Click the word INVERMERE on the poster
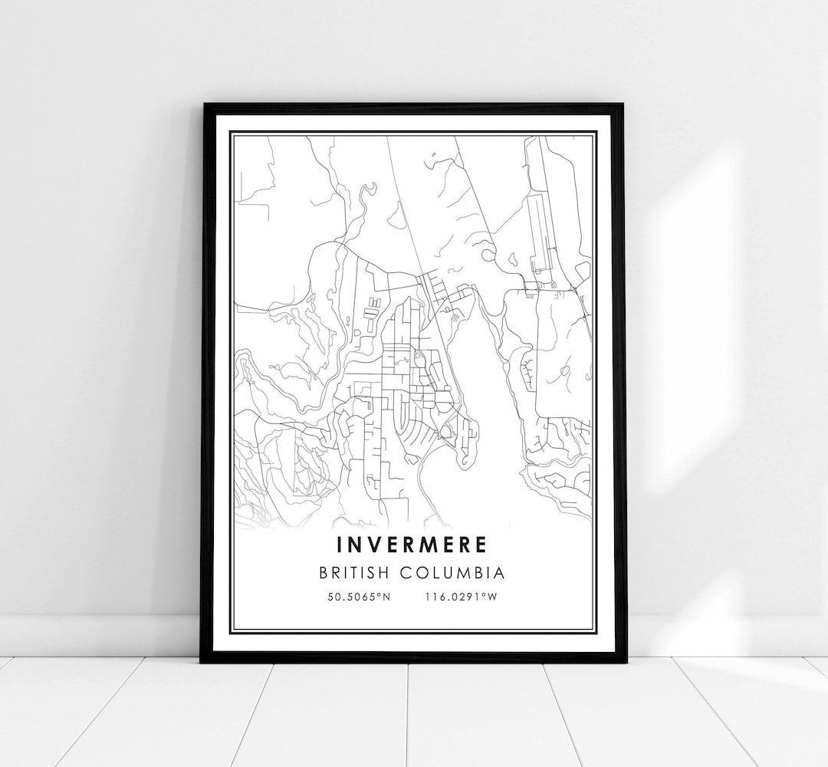411,545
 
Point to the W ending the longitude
493,597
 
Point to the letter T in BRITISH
379,573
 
